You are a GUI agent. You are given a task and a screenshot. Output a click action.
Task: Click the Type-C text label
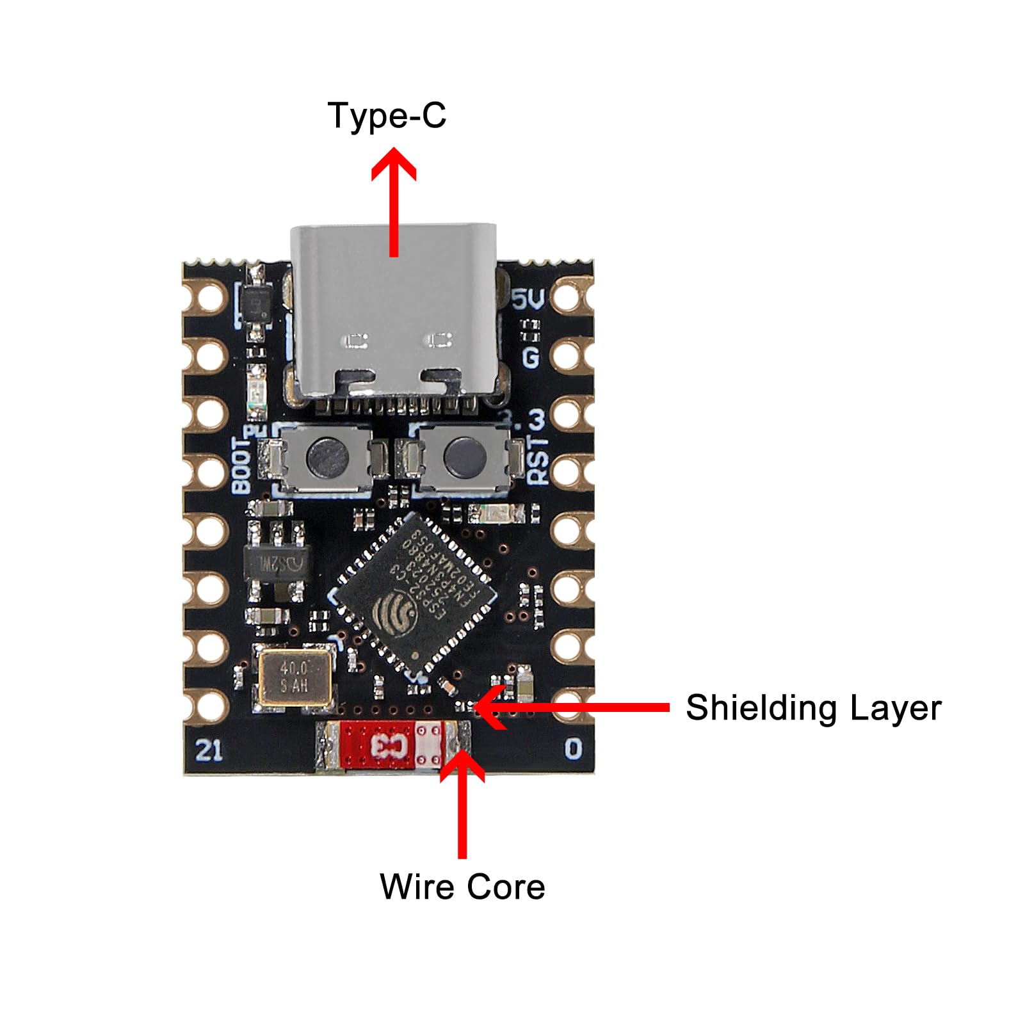tap(387, 116)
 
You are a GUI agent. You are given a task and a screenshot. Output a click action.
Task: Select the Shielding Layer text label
tap(813, 708)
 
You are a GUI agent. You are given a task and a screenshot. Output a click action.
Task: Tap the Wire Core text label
tap(462, 887)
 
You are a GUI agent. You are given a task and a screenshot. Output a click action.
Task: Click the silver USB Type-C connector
tap(394, 314)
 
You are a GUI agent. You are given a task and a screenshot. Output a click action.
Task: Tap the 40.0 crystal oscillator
tap(295, 677)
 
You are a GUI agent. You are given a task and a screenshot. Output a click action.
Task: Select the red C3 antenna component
tap(391, 745)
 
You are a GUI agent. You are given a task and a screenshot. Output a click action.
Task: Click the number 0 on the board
tap(573, 748)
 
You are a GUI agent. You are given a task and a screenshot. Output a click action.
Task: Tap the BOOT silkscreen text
tap(241, 466)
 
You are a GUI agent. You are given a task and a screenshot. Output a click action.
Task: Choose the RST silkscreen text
tap(538, 459)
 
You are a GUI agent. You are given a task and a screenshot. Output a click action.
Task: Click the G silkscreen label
tap(531, 357)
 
